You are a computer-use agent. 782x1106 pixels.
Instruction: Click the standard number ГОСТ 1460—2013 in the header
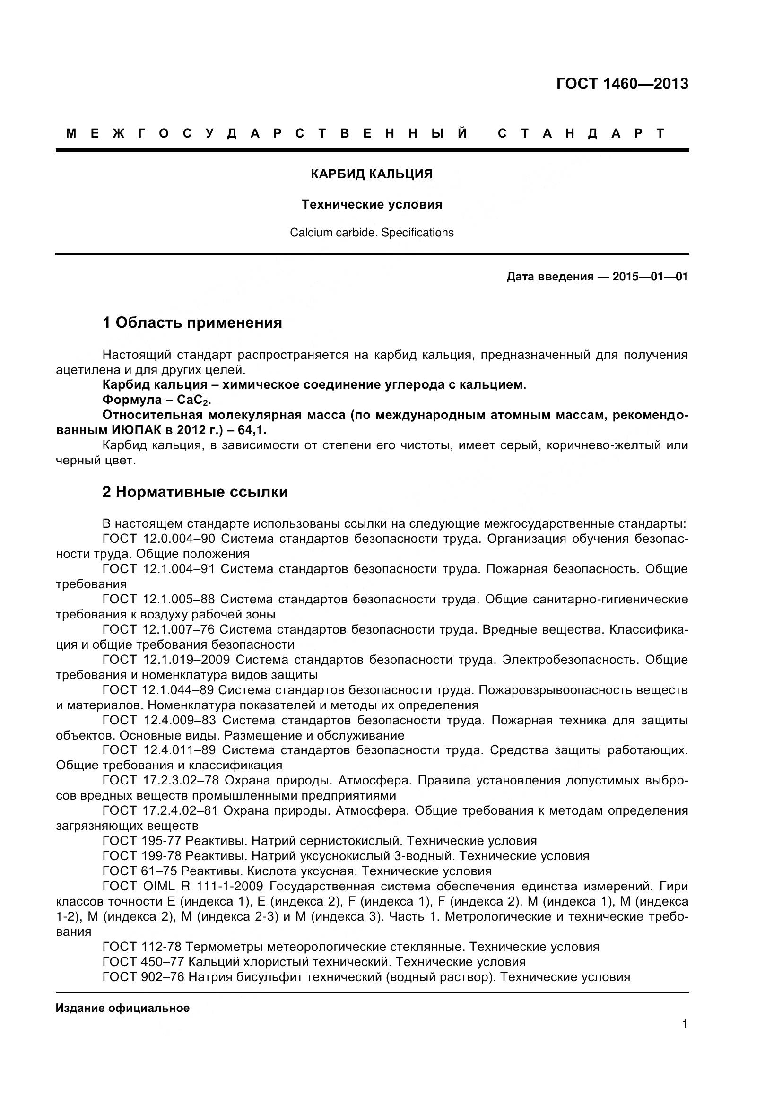tap(622, 84)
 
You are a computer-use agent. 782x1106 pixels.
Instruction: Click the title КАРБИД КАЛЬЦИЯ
tap(371, 174)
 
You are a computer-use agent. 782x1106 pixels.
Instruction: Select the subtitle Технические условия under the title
tap(371, 204)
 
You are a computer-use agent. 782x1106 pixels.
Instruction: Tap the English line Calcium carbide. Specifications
tap(371, 233)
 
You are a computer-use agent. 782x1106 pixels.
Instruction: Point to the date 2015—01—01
tap(650, 277)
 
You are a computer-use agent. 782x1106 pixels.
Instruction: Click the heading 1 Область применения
tap(192, 322)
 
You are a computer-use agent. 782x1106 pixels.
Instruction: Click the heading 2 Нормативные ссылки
tap(195, 492)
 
